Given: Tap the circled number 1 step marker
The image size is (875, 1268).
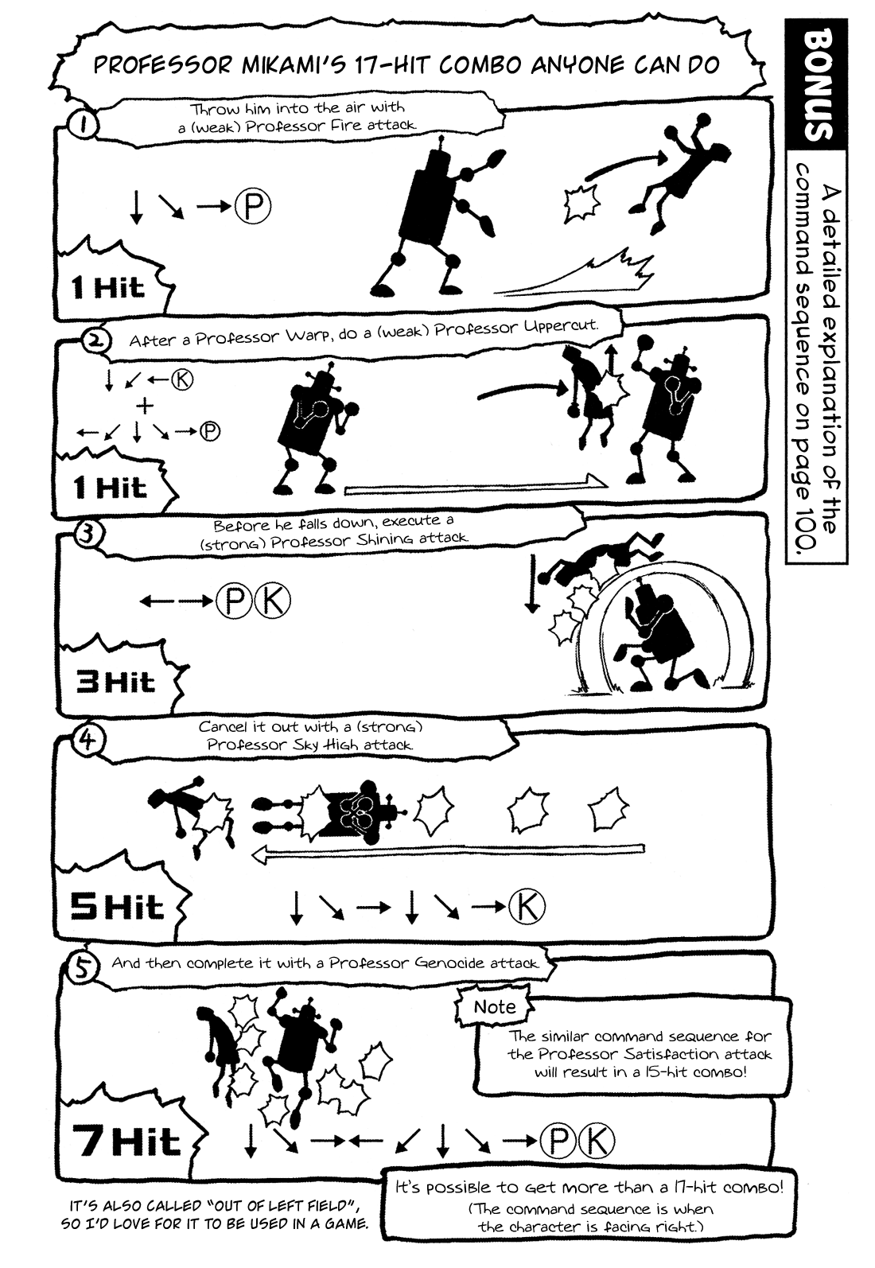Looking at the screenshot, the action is [x=83, y=125].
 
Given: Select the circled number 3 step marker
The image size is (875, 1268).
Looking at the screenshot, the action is [x=87, y=534].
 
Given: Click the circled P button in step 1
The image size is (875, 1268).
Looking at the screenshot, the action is [x=253, y=207].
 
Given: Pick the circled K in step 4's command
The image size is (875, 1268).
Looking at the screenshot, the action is [x=527, y=907].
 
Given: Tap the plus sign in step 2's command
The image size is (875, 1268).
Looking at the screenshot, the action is [x=145, y=406].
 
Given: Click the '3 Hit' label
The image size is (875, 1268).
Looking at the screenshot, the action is [x=115, y=682].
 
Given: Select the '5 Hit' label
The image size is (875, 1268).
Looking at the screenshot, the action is [x=117, y=907].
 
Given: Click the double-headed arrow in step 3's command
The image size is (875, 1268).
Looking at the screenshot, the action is [x=176, y=601].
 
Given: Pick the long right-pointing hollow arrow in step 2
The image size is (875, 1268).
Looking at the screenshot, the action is [x=476, y=485].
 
